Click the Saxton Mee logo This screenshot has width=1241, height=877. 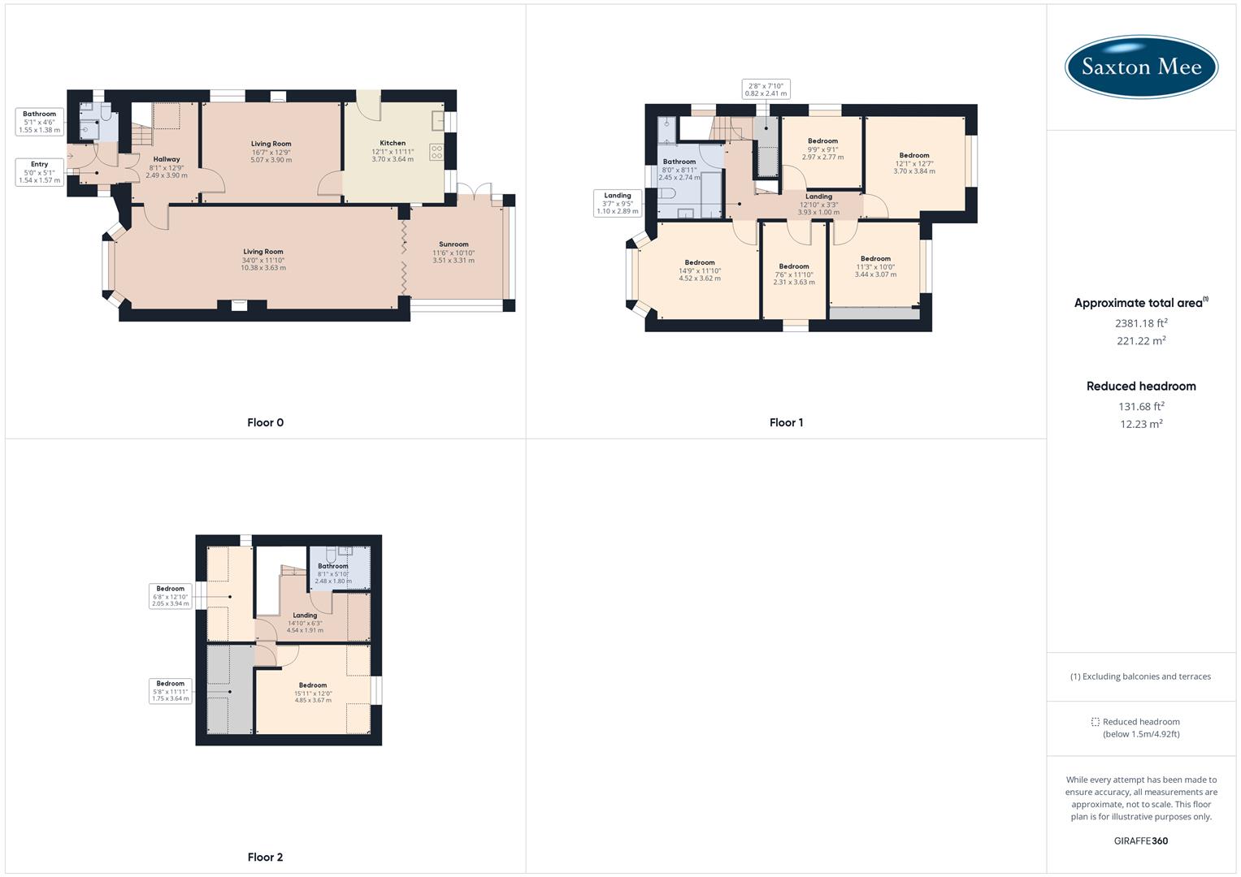(1141, 67)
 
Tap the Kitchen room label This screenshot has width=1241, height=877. (393, 143)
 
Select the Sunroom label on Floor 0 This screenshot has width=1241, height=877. (453, 244)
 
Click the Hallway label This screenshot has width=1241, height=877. (167, 159)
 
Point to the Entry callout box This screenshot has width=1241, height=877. (39, 172)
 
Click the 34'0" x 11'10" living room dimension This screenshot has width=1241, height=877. (263, 260)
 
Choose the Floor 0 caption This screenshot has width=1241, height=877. (266, 422)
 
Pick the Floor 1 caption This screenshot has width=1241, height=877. (786, 422)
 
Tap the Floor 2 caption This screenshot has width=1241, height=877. (266, 857)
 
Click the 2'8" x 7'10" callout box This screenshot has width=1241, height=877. (766, 89)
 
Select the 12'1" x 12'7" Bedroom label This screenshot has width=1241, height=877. (914, 155)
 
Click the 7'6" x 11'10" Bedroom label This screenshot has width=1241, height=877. (794, 266)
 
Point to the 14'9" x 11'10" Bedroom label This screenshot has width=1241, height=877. (700, 262)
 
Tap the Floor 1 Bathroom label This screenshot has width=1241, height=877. (679, 162)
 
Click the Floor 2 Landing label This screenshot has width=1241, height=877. (305, 616)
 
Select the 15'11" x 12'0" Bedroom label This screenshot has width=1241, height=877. (313, 685)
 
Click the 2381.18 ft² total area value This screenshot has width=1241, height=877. (1141, 323)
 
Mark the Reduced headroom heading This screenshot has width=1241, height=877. (1141, 387)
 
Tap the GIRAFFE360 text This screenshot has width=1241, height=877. (1141, 840)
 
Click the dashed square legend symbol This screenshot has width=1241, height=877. (1095, 722)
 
